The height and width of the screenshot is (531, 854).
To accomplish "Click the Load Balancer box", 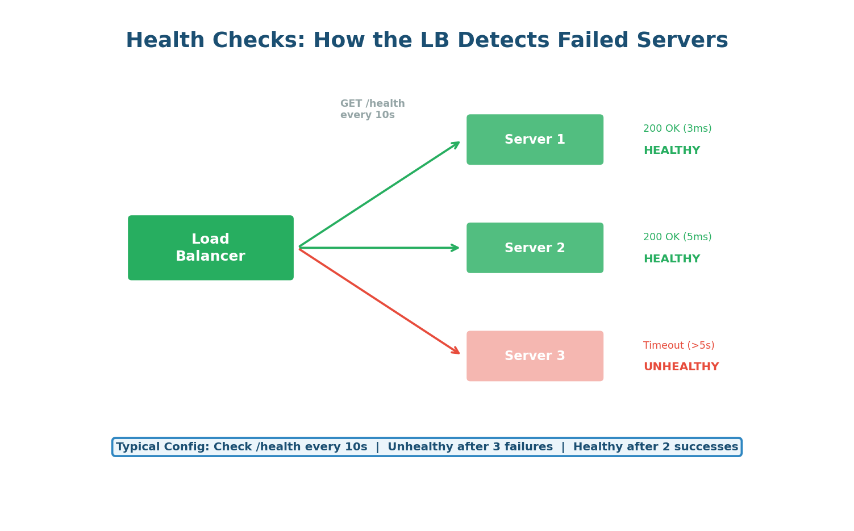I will [x=210, y=248].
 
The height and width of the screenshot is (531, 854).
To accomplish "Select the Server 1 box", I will [x=535, y=140].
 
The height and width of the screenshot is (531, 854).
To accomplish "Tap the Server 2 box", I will [x=535, y=248].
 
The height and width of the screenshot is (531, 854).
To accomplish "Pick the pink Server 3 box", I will [x=535, y=356].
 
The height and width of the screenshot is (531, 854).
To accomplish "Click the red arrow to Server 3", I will [x=379, y=301].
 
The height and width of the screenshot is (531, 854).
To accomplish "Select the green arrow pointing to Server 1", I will [x=379, y=195].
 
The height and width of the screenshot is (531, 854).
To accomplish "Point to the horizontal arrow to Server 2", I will [x=379, y=248].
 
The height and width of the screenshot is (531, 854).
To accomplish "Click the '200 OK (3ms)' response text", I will [x=677, y=129].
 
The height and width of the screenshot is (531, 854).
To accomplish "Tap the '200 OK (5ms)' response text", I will [x=677, y=237].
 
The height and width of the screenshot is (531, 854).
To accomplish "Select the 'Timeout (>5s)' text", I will [x=678, y=345].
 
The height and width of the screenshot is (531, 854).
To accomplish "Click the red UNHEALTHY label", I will [x=681, y=367].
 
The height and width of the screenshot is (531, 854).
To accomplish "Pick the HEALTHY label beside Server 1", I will [x=672, y=151].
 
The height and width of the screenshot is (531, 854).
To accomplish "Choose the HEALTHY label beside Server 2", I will [x=672, y=260].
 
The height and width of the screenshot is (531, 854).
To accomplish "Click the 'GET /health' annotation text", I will [x=372, y=104].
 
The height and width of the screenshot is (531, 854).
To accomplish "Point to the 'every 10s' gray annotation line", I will [x=367, y=115].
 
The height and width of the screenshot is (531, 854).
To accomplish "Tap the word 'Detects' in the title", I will [x=503, y=41].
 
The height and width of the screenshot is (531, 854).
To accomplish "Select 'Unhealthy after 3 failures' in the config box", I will [x=470, y=448].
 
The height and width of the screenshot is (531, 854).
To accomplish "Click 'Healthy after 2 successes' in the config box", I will [x=655, y=448].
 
